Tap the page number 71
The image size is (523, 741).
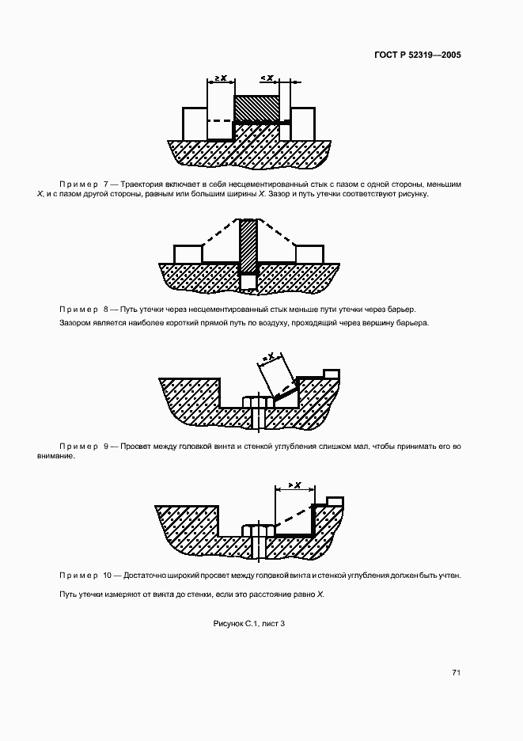pos(457,673)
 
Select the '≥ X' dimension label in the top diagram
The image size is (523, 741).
pos(221,78)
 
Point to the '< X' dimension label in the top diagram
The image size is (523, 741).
pos(267,78)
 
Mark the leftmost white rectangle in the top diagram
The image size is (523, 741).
pos(195,123)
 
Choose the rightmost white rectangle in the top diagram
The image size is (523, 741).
pos(303,123)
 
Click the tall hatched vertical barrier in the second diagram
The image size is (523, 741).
pos(249,245)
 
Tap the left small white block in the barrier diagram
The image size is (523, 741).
pos(188,254)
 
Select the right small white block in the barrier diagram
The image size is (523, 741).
pos(309,254)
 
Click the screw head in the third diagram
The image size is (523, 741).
pos(256,402)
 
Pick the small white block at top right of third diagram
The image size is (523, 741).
pos(332,373)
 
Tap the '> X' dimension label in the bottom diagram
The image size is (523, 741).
pos(294,485)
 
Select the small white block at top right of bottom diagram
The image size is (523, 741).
pos(335,500)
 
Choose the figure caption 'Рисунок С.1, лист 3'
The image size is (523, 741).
pos(249,625)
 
